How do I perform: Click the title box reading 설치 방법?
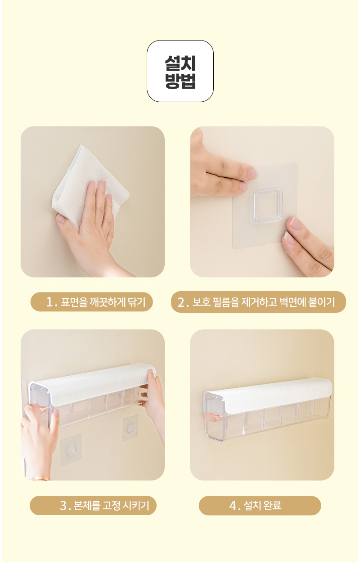coord(180,71)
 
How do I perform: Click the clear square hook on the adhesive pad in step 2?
coord(268,206)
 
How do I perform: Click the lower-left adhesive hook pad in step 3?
coord(71,450)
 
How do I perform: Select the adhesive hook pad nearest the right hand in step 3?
coord(130,428)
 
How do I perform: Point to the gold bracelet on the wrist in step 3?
coord(40,478)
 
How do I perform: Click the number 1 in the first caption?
coord(50,302)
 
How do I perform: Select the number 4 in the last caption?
coord(233,506)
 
